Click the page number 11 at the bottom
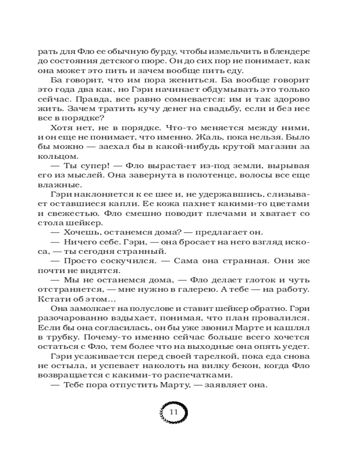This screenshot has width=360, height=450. (174, 412)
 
